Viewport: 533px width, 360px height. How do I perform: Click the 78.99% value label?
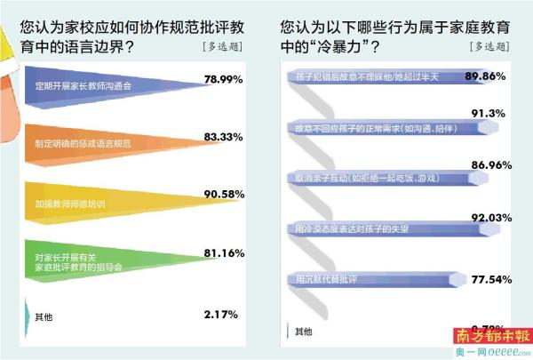[225, 80]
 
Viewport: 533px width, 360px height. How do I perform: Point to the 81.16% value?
[225, 252]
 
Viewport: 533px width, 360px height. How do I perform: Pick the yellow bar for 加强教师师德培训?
[98, 204]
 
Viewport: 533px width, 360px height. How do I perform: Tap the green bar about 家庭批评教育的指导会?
[98, 260]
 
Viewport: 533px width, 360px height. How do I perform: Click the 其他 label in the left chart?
[43, 316]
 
